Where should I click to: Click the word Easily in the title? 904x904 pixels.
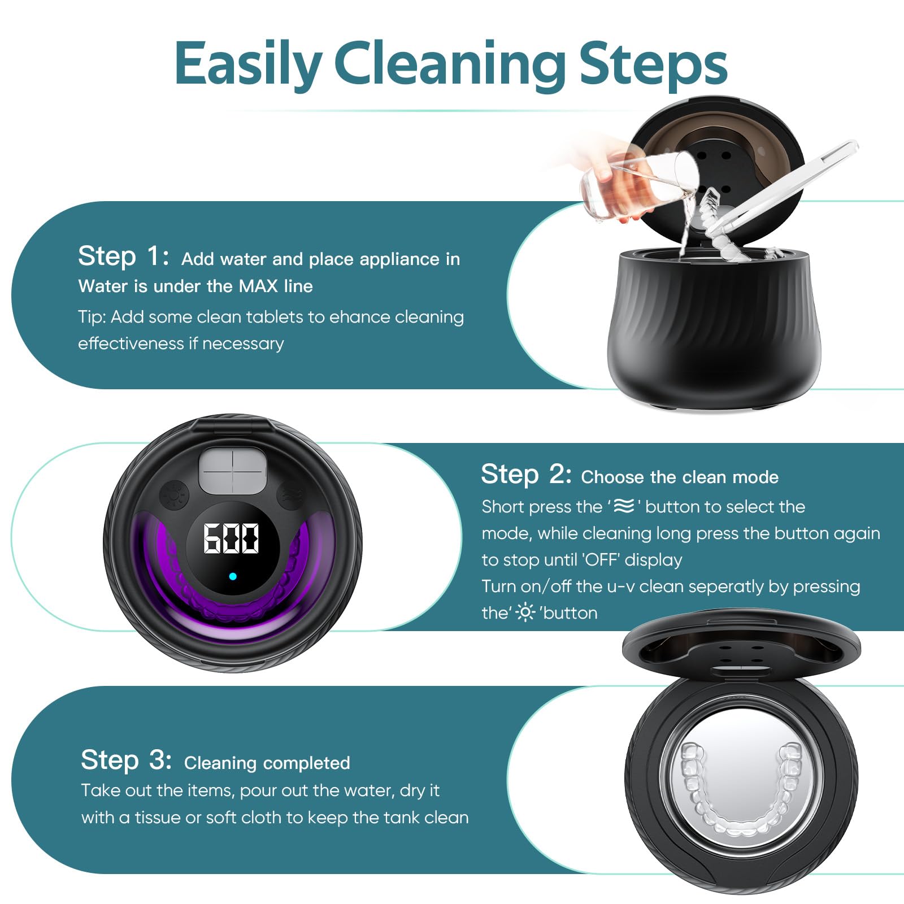pyautogui.click(x=247, y=63)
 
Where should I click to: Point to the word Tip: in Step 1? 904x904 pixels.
pyautogui.click(x=92, y=317)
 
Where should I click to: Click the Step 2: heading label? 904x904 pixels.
pyautogui.click(x=526, y=474)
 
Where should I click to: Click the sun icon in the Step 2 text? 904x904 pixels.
pyautogui.click(x=525, y=612)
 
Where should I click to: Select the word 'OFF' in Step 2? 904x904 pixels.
pyautogui.click(x=602, y=559)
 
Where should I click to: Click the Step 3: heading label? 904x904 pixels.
pyautogui.click(x=127, y=760)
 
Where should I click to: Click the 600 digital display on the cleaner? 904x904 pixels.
pyautogui.click(x=231, y=538)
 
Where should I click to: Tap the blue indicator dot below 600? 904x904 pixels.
pyautogui.click(x=233, y=576)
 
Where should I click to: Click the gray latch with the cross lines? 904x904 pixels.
pyautogui.click(x=232, y=470)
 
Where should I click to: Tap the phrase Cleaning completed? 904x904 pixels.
pyautogui.click(x=267, y=763)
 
